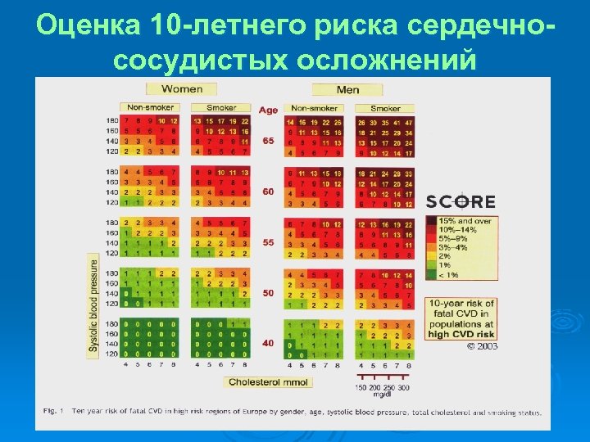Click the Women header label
[x=183, y=88]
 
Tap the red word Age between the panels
[x=268, y=110]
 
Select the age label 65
[x=268, y=141]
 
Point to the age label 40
[x=268, y=343]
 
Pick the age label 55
[x=268, y=243]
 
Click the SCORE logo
[x=461, y=201]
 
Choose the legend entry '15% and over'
[x=470, y=221]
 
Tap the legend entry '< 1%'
[x=450, y=274]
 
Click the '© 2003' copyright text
[x=483, y=346]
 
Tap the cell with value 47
[x=408, y=121]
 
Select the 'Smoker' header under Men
[x=385, y=108]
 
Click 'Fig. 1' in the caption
[x=52, y=413]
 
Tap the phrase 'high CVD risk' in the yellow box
[x=461, y=334]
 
